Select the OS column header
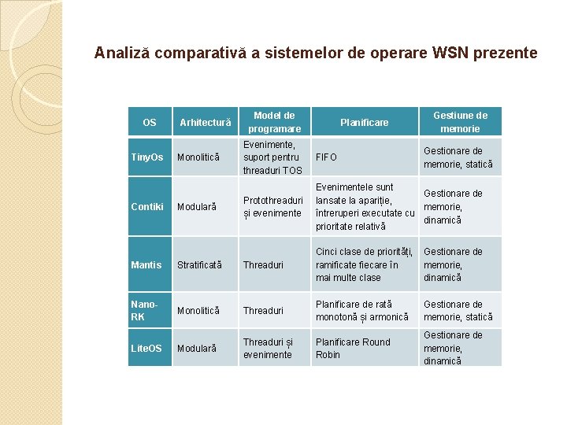[x=150, y=122]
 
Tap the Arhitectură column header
[x=206, y=122]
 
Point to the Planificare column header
[x=364, y=122]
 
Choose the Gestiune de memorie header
[x=460, y=122]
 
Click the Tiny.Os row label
[x=147, y=157]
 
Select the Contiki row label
[x=147, y=206]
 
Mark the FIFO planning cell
[x=326, y=157]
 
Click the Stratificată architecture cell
[x=200, y=264]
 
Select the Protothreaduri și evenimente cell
[x=272, y=206]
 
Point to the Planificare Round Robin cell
[x=353, y=348]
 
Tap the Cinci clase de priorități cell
[x=364, y=264]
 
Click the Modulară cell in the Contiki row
[x=197, y=206]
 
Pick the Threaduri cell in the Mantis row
[x=263, y=264]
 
